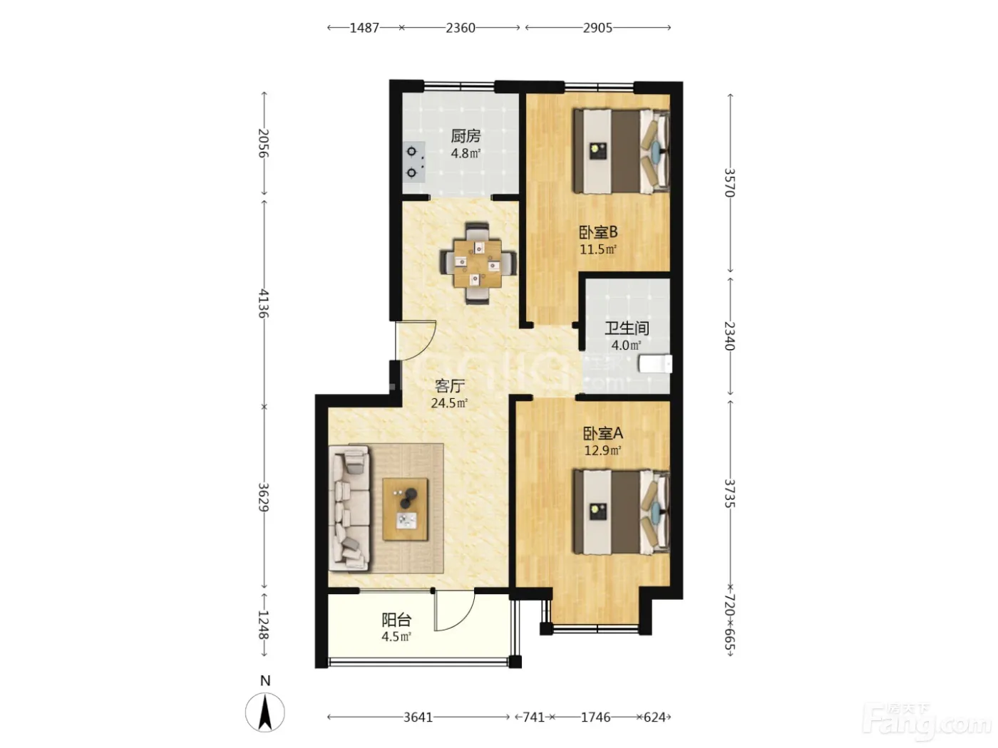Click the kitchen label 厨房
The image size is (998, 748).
pos(465,136)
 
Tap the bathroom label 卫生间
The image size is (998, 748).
pos(627,328)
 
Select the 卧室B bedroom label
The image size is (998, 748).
pos(598,232)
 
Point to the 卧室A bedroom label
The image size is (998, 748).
pos(603,433)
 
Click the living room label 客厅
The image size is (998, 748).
pos(450,386)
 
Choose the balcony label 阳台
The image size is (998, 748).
pos(396,620)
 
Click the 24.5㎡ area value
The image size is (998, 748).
pos(449,402)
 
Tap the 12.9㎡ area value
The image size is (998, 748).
pos(602,450)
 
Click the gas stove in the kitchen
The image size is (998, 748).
pos(413,162)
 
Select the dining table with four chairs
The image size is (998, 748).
pos(478,263)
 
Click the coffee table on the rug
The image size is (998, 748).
pos(405,509)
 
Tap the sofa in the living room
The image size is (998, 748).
pos(349,508)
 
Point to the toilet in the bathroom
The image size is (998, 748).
pos(655,364)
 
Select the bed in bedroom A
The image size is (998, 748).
pos(621,511)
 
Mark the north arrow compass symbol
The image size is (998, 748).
pos(265,712)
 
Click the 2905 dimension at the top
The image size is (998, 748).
pos(597,28)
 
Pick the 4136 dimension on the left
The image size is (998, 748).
pos(264,303)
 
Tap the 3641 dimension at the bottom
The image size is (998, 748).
pos(418,717)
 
